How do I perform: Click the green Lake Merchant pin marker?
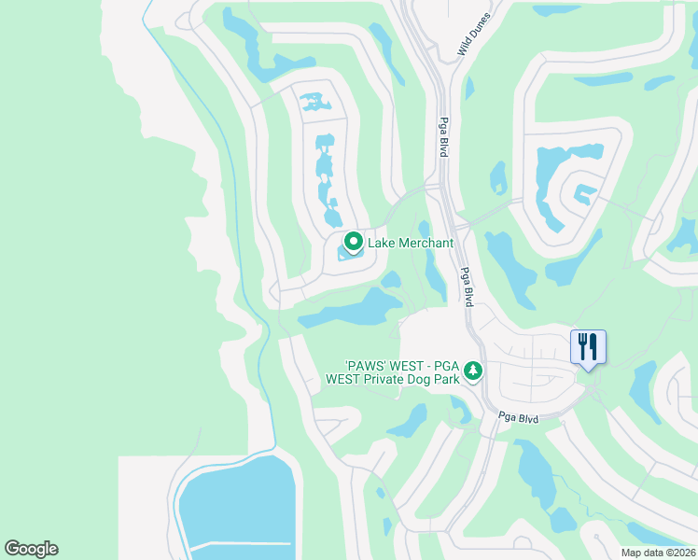click(x=354, y=242)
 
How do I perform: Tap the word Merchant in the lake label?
click(x=425, y=244)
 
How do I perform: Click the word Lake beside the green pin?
click(x=381, y=244)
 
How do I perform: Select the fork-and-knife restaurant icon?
click(x=588, y=347)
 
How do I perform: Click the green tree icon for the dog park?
click(x=474, y=371)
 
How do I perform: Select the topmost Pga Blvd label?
click(x=444, y=137)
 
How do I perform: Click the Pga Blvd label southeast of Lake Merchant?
click(x=466, y=285)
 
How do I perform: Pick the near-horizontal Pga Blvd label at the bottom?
click(x=519, y=418)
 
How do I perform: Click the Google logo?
click(x=31, y=549)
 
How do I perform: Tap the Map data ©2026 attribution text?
click(x=658, y=553)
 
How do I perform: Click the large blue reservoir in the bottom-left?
click(x=237, y=509)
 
